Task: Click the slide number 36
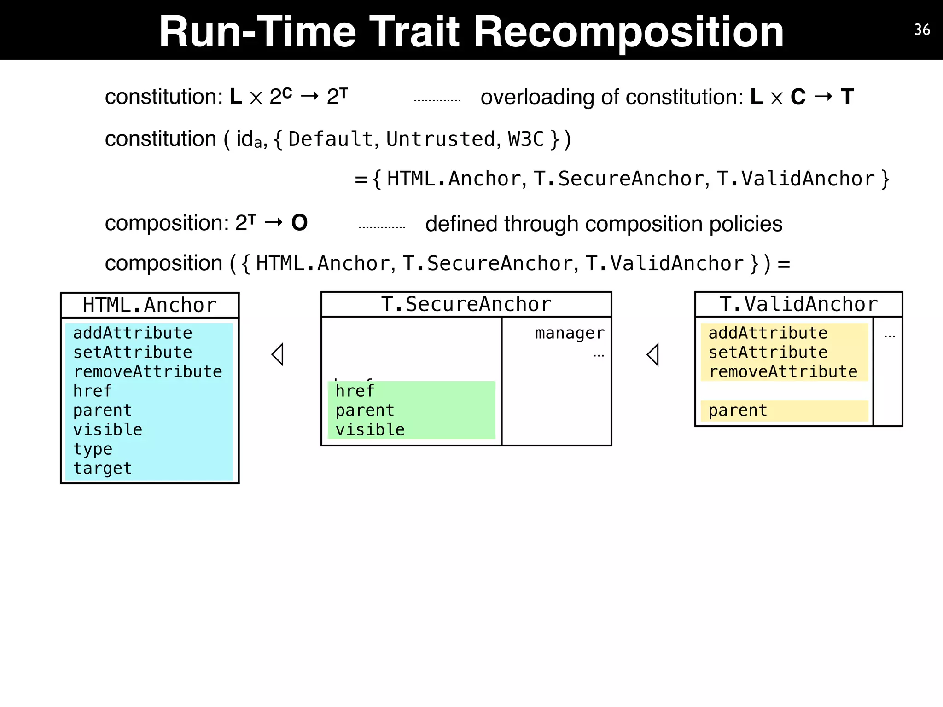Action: [x=922, y=30]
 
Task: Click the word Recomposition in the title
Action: [x=629, y=32]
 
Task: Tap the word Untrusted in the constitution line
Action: [x=441, y=139]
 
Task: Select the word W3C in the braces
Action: [x=526, y=139]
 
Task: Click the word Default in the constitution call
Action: [x=330, y=139]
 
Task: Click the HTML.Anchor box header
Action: [x=150, y=305]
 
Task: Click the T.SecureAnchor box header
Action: [x=466, y=304]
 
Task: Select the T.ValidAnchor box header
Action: [x=798, y=304]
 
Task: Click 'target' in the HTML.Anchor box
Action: [x=102, y=468]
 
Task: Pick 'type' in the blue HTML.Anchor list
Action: [x=93, y=449]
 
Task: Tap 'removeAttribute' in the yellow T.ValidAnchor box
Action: [x=783, y=371]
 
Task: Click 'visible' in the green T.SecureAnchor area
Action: [x=370, y=429]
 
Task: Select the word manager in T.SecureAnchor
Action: [x=570, y=333]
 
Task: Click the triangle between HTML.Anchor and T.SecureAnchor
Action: [x=278, y=354]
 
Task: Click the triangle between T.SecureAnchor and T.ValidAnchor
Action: [x=653, y=354]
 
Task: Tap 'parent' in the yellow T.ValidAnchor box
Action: [x=738, y=410]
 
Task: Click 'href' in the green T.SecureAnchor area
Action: [x=355, y=391]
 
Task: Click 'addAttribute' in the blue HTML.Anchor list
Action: [x=133, y=333]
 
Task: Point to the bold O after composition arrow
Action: [x=299, y=223]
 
